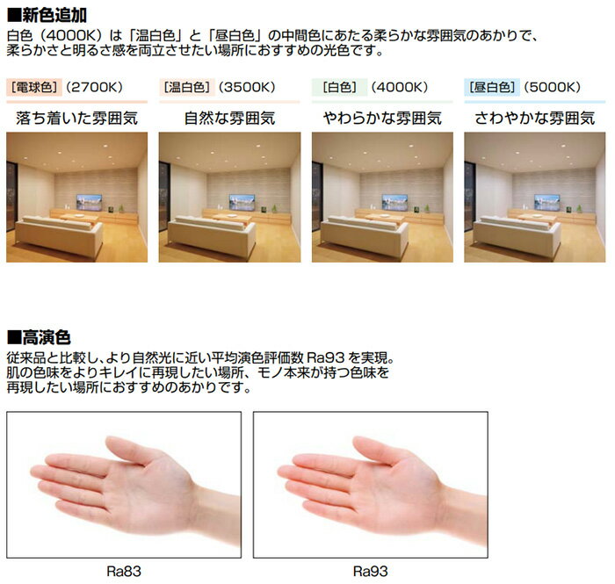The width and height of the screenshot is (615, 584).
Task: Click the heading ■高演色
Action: click(40, 336)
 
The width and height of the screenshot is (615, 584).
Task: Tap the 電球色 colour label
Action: click(33, 87)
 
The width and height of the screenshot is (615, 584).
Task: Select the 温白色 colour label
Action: click(185, 87)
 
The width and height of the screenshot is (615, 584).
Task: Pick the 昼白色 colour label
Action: click(492, 87)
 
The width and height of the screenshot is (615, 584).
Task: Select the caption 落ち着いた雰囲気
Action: click(76, 117)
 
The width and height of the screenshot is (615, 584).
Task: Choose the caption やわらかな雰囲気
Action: click(382, 117)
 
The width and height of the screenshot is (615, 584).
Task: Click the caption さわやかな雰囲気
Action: click(535, 117)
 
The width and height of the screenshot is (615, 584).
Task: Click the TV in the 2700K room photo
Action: click(90, 201)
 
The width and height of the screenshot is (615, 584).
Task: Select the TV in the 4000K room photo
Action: click(394, 201)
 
